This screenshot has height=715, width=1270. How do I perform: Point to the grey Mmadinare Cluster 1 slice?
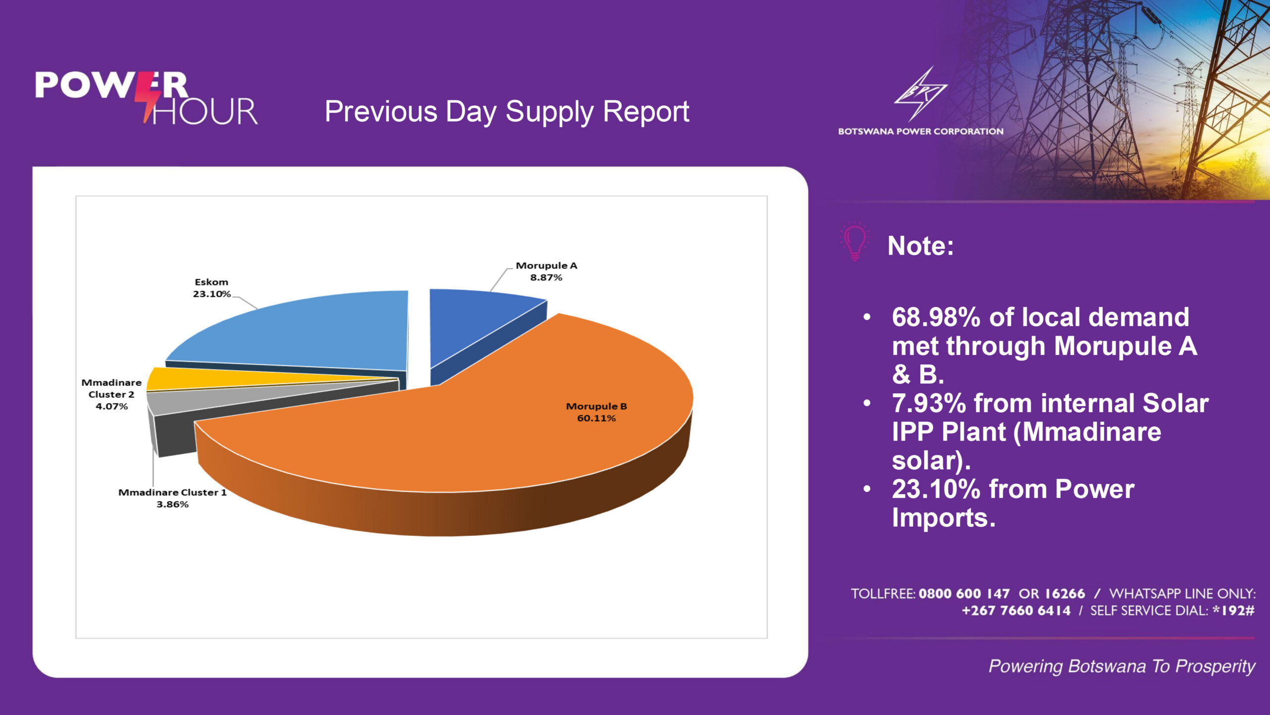[x=198, y=402]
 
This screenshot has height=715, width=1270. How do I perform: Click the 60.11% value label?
[x=596, y=418]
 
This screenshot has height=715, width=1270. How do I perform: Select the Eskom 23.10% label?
[x=211, y=288]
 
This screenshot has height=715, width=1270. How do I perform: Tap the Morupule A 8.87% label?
[x=546, y=272]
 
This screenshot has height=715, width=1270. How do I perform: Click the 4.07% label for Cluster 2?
[x=112, y=406]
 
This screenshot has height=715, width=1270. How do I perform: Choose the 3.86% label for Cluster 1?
[x=172, y=504]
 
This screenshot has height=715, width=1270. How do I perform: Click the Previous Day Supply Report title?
[x=507, y=111]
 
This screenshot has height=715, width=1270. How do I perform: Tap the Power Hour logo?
[x=146, y=98]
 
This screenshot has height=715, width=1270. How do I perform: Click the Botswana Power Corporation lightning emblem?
[x=920, y=94]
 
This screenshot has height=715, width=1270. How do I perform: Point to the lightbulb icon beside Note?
[x=855, y=241]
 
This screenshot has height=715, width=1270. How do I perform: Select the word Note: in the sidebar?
[x=921, y=246]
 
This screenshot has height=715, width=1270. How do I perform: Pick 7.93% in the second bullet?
[x=929, y=403]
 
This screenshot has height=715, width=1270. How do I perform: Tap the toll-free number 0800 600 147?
[x=964, y=594]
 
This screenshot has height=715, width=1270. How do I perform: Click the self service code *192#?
[x=1233, y=611]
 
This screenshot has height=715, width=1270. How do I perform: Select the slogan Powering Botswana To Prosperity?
[x=1122, y=666]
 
